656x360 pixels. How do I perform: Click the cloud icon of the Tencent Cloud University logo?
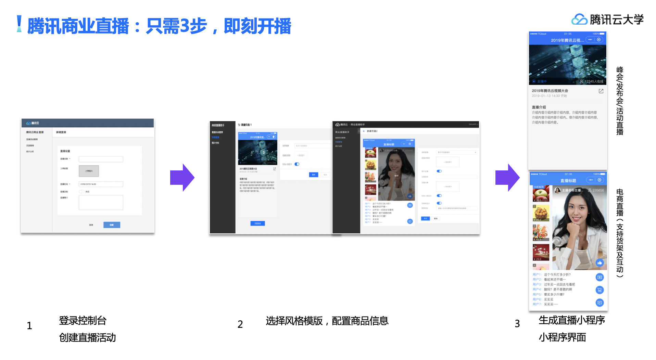pyautogui.click(x=579, y=20)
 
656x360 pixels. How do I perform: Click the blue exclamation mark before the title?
pyautogui.click(x=19, y=24)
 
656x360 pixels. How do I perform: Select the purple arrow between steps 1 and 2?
pyautogui.click(x=182, y=178)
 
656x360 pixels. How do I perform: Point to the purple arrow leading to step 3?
pyautogui.click(x=507, y=178)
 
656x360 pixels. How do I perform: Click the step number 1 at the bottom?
pyautogui.click(x=29, y=325)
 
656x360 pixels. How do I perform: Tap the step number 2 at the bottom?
pyautogui.click(x=240, y=324)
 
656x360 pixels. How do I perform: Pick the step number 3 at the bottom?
pyautogui.click(x=517, y=323)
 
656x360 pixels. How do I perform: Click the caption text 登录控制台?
pyautogui.click(x=83, y=321)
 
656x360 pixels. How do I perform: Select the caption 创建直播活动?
pyautogui.click(x=87, y=338)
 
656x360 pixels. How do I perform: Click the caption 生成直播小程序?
pyautogui.click(x=571, y=320)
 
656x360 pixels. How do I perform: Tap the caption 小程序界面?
pyautogui.click(x=562, y=337)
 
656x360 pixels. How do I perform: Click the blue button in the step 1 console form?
pyautogui.click(x=112, y=225)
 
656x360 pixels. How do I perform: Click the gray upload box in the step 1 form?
pyautogui.click(x=89, y=171)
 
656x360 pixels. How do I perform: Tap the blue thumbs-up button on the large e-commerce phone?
pyautogui.click(x=599, y=263)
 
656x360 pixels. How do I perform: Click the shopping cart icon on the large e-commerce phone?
pyautogui.click(x=599, y=290)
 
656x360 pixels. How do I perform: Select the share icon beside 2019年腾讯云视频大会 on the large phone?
pyautogui.click(x=601, y=91)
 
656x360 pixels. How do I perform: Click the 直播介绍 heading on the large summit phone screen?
pyautogui.click(x=539, y=107)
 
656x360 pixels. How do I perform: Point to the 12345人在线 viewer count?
pyautogui.click(x=594, y=81)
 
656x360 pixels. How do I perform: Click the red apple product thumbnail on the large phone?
pyautogui.click(x=541, y=194)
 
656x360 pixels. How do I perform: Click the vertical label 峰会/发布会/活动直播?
pyautogui.click(x=620, y=101)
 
